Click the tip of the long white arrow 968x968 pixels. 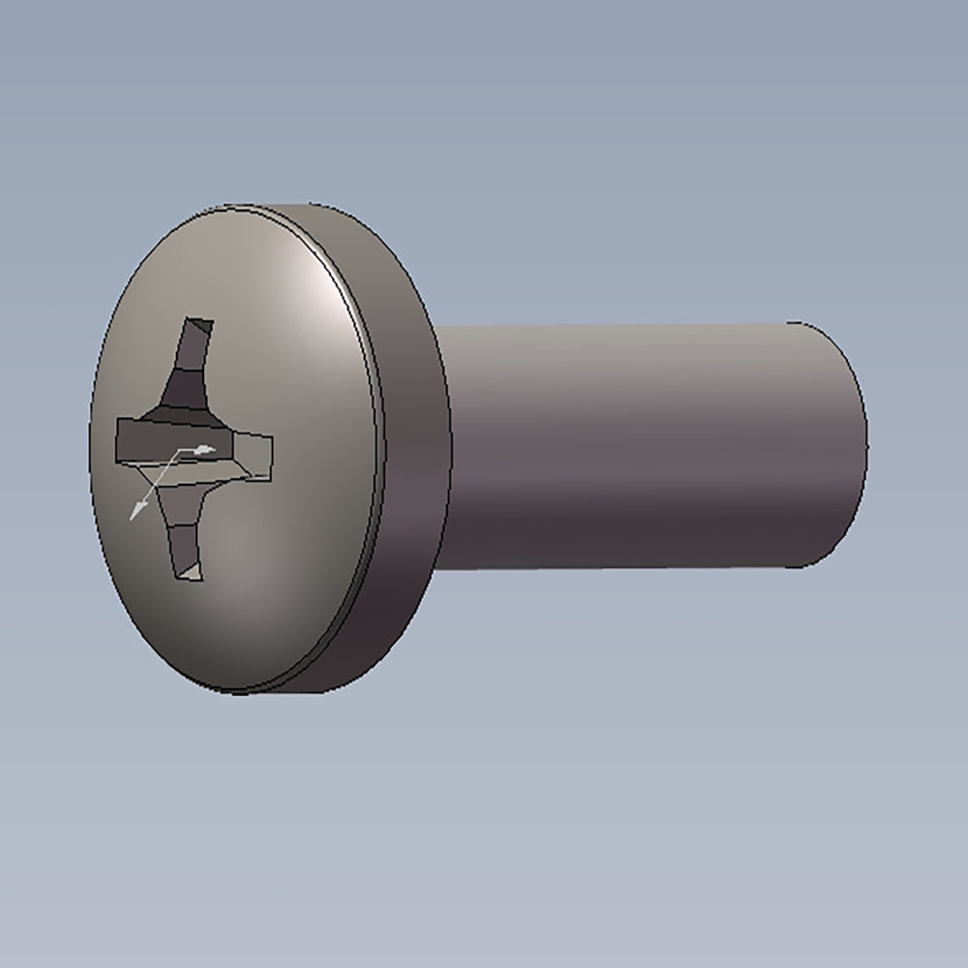(x=132, y=519)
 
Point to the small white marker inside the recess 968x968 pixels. (x=203, y=449)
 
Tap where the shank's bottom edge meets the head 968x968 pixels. (x=440, y=569)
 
